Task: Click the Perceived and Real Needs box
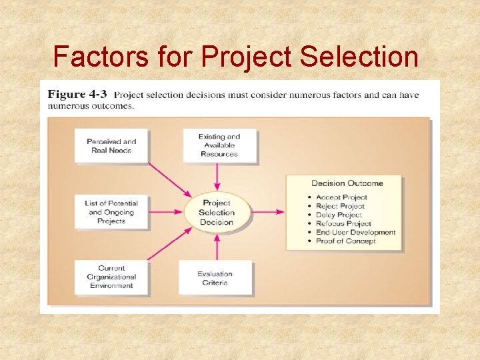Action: (111, 145)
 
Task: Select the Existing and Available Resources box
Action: (219, 145)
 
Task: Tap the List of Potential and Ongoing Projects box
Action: (111, 212)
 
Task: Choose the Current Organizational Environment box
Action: (111, 277)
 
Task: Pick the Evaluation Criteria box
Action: (215, 277)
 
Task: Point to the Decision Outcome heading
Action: (347, 183)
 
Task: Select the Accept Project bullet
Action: (341, 197)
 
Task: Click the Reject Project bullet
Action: (340, 206)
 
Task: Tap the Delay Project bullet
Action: (339, 215)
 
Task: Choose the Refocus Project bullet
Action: (343, 223)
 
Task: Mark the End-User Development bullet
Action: (355, 233)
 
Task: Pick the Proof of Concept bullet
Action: (345, 241)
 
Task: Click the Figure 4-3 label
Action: (76, 95)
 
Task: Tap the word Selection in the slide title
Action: (359, 57)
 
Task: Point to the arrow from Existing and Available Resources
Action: (217, 177)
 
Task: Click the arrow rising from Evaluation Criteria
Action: (217, 246)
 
